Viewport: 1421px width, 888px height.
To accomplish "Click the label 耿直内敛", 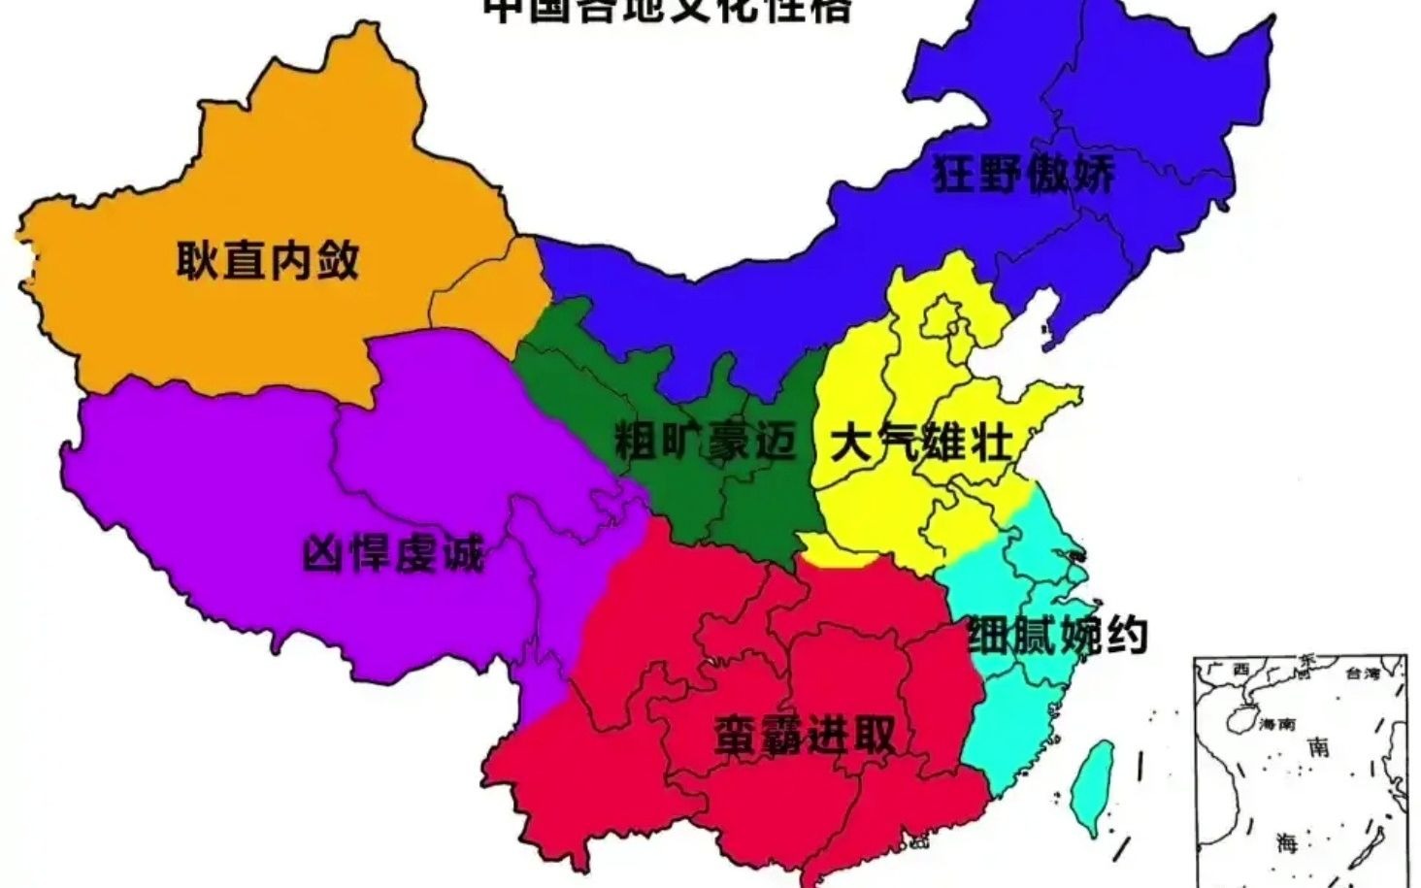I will (268, 260).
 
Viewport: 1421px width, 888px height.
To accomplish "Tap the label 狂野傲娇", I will (1023, 174).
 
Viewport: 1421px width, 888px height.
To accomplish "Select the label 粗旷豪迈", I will (706, 442).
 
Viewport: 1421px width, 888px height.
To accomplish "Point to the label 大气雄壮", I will (921, 444).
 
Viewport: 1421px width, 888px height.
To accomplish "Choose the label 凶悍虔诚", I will (392, 555).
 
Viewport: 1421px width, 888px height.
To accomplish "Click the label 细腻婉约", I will (1058, 636).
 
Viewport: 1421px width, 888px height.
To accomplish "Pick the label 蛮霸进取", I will (804, 735).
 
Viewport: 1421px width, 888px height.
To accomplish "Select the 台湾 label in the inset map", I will (1362, 673).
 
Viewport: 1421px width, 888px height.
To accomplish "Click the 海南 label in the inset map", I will (1277, 723).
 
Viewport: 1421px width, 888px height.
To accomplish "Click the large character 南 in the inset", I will (1318, 747).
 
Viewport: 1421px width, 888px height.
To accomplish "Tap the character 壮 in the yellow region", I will (990, 444).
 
